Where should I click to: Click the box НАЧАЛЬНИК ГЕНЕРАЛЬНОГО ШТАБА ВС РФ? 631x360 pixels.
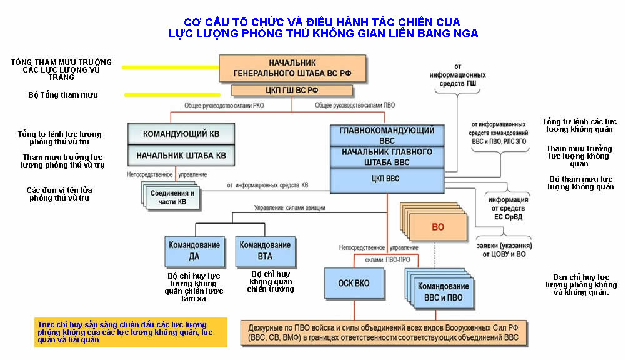[x=292, y=68]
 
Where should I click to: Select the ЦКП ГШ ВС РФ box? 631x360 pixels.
[x=292, y=91]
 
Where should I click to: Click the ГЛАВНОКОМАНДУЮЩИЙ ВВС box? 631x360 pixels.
[x=387, y=135]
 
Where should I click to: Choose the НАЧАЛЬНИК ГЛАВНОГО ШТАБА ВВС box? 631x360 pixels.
[x=387, y=157]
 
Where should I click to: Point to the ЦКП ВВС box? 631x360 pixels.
[x=387, y=179]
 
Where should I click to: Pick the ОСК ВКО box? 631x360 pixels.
[x=353, y=284]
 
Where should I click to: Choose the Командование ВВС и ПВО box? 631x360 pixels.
[x=439, y=292]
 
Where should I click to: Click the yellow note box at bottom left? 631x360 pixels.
[x=131, y=332]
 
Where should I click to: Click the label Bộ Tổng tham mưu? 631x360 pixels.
[x=63, y=95]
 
